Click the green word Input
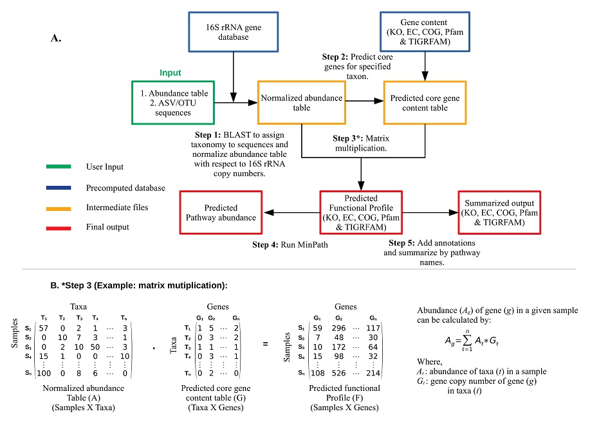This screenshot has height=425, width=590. click(x=170, y=73)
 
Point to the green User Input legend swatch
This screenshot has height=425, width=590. click(x=59, y=167)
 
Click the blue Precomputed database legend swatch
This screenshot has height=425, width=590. click(x=59, y=188)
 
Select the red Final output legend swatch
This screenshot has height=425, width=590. click(x=59, y=228)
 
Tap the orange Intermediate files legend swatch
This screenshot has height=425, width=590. click(x=59, y=209)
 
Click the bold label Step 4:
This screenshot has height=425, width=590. click(x=265, y=245)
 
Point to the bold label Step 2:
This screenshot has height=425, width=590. click(x=335, y=57)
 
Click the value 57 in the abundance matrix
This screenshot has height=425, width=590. click(x=44, y=328)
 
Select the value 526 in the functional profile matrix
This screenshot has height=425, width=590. click(x=338, y=373)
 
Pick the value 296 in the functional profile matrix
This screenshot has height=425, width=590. click(x=338, y=328)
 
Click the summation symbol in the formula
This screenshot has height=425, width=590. click(x=467, y=340)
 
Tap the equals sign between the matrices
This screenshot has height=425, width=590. click(x=265, y=344)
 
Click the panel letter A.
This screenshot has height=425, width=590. click(x=56, y=38)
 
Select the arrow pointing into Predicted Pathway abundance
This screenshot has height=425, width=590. click(x=291, y=212)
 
